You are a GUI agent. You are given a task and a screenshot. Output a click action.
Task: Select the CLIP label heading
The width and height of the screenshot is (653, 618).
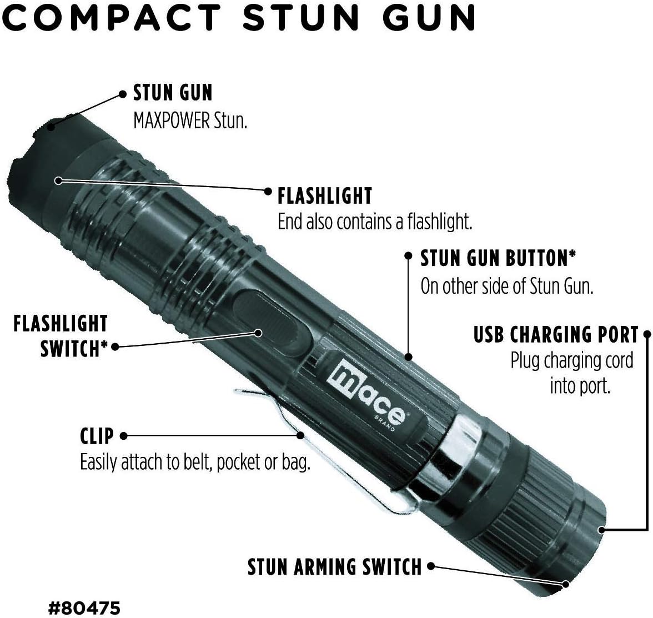point(97,436)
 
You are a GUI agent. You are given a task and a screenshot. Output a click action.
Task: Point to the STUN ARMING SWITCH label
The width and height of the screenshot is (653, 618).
point(335,567)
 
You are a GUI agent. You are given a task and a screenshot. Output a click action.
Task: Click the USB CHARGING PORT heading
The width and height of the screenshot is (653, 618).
point(556,335)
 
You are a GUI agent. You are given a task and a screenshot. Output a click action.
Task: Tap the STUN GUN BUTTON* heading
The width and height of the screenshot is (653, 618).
point(498,258)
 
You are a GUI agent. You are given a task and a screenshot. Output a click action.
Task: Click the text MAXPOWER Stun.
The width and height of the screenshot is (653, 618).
point(190,120)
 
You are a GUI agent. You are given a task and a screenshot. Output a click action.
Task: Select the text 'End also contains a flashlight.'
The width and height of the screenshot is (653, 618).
point(374,222)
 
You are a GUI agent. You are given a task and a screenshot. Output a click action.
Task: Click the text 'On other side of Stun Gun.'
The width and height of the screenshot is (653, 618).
point(507,287)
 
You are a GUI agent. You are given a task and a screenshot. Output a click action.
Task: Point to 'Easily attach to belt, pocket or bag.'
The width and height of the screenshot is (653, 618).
point(195,463)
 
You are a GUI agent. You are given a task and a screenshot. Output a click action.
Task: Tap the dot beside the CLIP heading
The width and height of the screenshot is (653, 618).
point(123,436)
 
